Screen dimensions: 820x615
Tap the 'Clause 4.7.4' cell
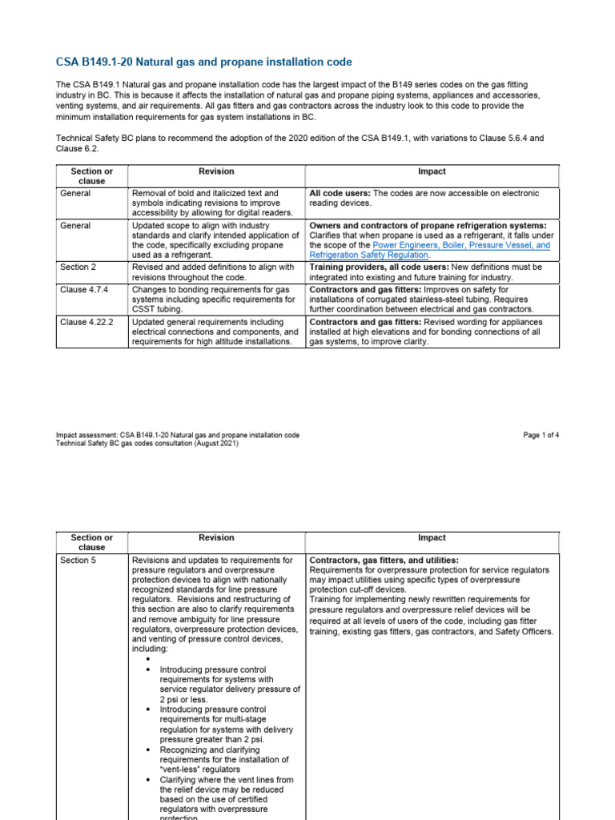click(x=85, y=288)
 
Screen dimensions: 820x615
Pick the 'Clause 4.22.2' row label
click(x=87, y=321)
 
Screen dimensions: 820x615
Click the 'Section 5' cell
click(x=78, y=561)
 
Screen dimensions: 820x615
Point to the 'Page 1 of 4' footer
click(x=541, y=435)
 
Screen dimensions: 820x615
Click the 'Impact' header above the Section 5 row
click(x=432, y=537)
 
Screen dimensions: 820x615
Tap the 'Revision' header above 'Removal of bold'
click(x=216, y=171)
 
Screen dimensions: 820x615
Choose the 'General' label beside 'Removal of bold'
click(x=75, y=193)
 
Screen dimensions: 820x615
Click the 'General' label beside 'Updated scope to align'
click(x=75, y=226)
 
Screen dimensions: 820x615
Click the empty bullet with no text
click(x=150, y=658)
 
